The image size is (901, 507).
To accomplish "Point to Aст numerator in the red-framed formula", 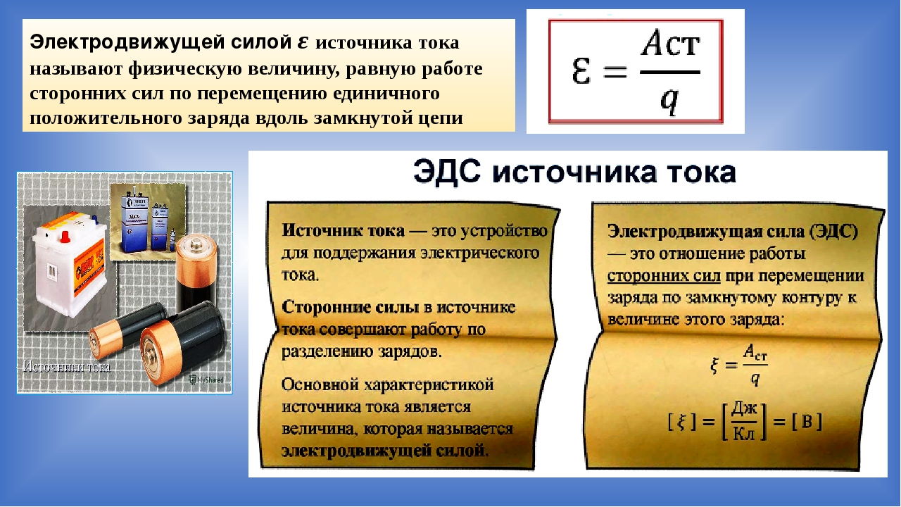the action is tap(670, 43).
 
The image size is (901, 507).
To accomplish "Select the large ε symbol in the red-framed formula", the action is tap(581, 71).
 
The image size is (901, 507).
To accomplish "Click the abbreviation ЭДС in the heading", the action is tap(447, 173).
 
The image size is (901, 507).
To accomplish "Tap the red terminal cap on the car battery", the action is tap(65, 237).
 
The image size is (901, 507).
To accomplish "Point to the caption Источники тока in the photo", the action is tap(66, 367).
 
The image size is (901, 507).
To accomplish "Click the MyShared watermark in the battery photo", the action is tap(206, 380).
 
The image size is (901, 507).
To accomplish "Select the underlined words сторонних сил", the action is tap(664, 276).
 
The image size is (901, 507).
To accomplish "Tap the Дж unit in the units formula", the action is tap(744, 409).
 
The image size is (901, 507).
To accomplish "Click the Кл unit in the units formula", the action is tap(744, 433).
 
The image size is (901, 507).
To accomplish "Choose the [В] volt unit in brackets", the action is tap(807, 421).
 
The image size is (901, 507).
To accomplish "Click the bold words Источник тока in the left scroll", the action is tap(343, 230).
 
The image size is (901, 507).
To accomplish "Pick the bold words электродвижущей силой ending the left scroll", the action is tap(384, 450).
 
